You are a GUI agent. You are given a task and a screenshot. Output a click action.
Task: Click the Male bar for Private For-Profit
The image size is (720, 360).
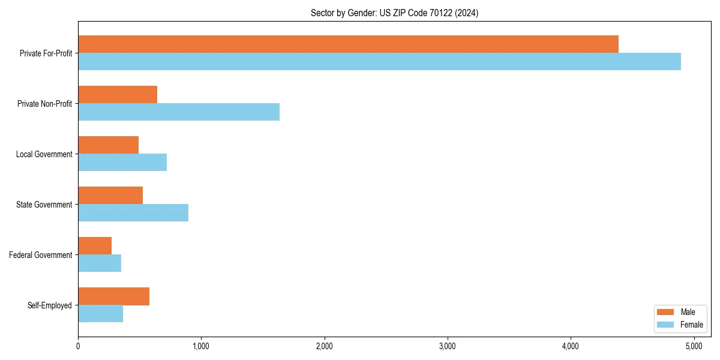coord(348,44)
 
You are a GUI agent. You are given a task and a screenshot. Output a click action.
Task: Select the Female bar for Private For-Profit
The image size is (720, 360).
coord(379,62)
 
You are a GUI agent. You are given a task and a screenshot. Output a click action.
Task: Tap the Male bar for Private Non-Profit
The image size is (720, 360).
coord(118,95)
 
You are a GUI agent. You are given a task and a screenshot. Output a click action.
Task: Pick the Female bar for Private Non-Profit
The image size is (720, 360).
coord(179,112)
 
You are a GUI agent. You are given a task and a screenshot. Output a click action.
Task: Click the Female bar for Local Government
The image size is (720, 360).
coord(122,163)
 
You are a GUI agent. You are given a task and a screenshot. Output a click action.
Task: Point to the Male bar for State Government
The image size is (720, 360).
coord(110,196)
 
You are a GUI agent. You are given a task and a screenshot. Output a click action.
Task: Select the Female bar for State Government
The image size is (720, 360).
coord(133,213)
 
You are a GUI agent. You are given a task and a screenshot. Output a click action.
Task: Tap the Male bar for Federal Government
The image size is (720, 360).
coord(95,246)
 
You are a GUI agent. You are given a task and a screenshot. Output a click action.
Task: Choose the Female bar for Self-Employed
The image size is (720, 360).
coord(100,314)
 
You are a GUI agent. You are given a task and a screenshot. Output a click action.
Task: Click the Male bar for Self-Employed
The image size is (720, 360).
coord(113,296)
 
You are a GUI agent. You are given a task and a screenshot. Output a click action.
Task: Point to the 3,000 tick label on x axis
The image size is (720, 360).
coord(448,346)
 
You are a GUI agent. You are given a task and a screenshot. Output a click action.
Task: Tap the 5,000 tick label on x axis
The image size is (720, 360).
coord(694,346)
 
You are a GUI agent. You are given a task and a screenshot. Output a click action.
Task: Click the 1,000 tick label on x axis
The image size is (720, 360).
coord(201,346)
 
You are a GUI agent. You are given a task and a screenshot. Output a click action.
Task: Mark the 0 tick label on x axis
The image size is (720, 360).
coord(78,346)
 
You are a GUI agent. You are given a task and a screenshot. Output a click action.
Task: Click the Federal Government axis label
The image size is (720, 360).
coord(41,255)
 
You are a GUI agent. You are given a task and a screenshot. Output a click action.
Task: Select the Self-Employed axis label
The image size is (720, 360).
coord(50,305)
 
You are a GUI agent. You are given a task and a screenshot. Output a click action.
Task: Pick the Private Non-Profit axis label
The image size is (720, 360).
coord(46,104)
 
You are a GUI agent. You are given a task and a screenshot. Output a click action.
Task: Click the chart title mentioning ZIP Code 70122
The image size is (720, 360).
coord(394,13)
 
